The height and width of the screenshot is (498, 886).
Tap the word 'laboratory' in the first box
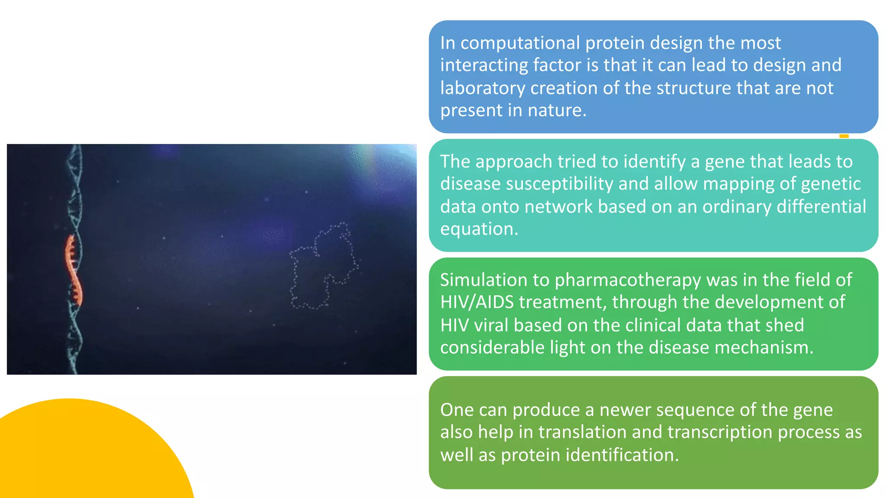click(x=482, y=88)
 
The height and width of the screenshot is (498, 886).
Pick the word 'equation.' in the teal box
click(x=479, y=229)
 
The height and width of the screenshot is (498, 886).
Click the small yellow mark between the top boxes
click(x=844, y=136)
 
